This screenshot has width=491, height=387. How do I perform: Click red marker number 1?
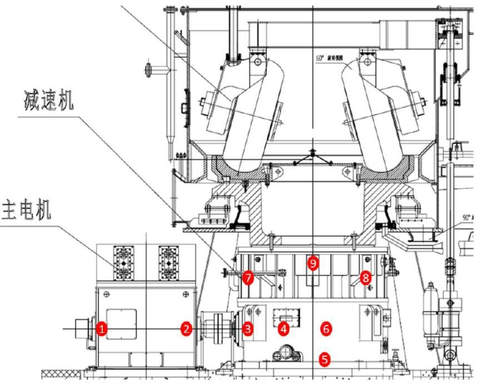[x=101, y=329]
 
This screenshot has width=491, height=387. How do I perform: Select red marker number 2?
[x=186, y=329]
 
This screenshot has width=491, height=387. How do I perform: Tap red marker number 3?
[x=248, y=329]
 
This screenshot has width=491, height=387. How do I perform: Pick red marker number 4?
[x=284, y=329]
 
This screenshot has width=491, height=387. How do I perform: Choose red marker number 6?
[x=326, y=329]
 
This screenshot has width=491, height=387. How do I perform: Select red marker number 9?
[x=314, y=263]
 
